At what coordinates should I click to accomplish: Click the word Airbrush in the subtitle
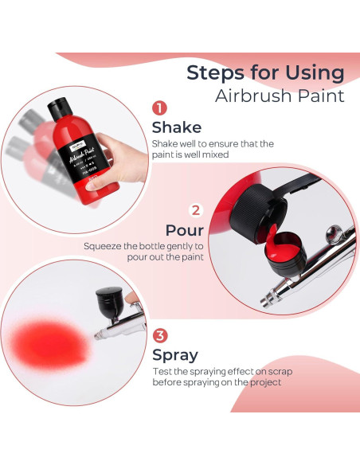tap(252, 97)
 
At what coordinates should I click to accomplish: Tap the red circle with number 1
tap(159, 108)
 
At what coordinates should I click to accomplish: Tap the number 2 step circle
tap(195, 211)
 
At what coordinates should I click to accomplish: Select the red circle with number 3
tap(160, 336)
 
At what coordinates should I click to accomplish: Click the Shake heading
tap(177, 127)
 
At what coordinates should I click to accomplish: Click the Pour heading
tap(185, 230)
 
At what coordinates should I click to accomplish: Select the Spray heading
tap(175, 355)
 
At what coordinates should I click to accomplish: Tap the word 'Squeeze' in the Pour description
tap(102, 246)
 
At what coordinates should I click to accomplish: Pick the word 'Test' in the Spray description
tap(162, 371)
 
